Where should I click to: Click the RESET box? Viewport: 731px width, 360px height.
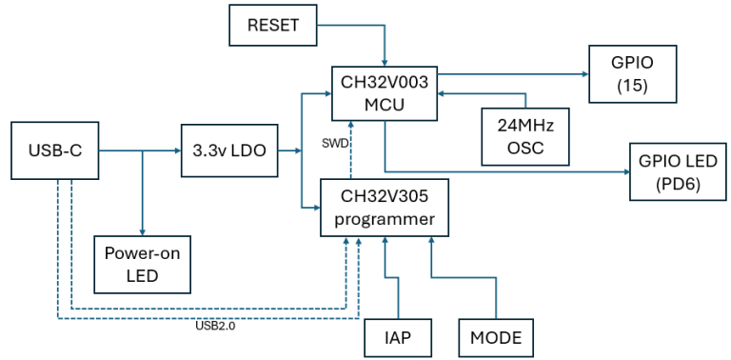point(273,25)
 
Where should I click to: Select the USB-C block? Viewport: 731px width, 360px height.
point(54,150)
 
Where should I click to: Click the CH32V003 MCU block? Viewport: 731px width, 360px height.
point(384,93)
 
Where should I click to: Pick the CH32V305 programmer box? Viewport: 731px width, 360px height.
point(384,208)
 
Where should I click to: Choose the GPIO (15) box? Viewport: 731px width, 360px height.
point(633,72)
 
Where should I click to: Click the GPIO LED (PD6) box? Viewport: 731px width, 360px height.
point(679,171)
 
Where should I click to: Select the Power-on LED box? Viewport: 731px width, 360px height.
point(142,265)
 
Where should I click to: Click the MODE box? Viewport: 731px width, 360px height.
point(495,337)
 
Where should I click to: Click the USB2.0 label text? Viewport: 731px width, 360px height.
point(214,326)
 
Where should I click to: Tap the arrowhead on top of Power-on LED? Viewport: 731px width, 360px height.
point(142,231)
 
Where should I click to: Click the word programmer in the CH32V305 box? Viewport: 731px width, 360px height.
point(384,219)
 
